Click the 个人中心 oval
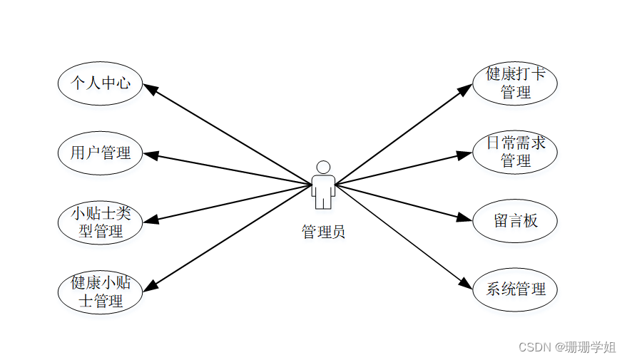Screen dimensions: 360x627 pyautogui.click(x=100, y=83)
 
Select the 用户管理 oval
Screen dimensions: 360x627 pyautogui.click(x=100, y=152)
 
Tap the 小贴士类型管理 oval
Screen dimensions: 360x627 pyautogui.click(x=100, y=222)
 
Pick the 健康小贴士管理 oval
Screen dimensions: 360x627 pyautogui.click(x=100, y=292)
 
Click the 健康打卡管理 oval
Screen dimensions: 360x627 pyautogui.click(x=515, y=83)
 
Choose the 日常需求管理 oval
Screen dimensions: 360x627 pyautogui.click(x=515, y=152)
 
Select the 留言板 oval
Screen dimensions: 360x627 pyautogui.click(x=515, y=221)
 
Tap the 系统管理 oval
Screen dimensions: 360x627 pyautogui.click(x=515, y=289)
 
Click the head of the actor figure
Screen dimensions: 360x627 pyautogui.click(x=323, y=168)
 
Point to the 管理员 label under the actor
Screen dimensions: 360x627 pyautogui.click(x=323, y=232)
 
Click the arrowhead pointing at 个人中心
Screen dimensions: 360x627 pyautogui.click(x=150, y=88)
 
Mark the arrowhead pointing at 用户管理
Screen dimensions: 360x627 pyautogui.click(x=149, y=153)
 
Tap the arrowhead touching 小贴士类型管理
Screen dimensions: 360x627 pyautogui.click(x=149, y=219)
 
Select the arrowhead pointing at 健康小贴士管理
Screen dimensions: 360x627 pyautogui.click(x=150, y=285)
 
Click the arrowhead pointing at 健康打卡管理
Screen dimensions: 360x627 pyautogui.click(x=465, y=88)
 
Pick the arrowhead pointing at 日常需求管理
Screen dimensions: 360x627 pyautogui.click(x=466, y=153)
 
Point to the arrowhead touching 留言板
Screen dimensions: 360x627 pyautogui.click(x=466, y=219)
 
